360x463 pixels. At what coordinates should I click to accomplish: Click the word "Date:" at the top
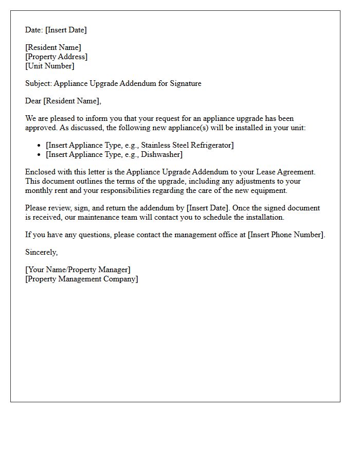pos(34,30)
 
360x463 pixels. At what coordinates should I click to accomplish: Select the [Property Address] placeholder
pos(57,57)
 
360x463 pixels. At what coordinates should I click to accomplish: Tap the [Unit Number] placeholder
pos(50,66)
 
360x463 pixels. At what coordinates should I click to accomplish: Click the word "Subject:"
pos(39,83)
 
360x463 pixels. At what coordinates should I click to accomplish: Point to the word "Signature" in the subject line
pos(185,83)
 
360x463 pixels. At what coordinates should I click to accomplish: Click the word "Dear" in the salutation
pos(33,101)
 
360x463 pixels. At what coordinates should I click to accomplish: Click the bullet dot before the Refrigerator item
pos(40,146)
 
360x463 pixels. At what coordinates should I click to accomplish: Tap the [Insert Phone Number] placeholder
pos(286,235)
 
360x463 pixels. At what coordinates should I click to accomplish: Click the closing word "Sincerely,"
pos(42,253)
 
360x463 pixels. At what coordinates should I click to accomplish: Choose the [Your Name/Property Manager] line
pos(78,270)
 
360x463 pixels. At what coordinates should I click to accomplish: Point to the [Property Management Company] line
pos(82,279)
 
